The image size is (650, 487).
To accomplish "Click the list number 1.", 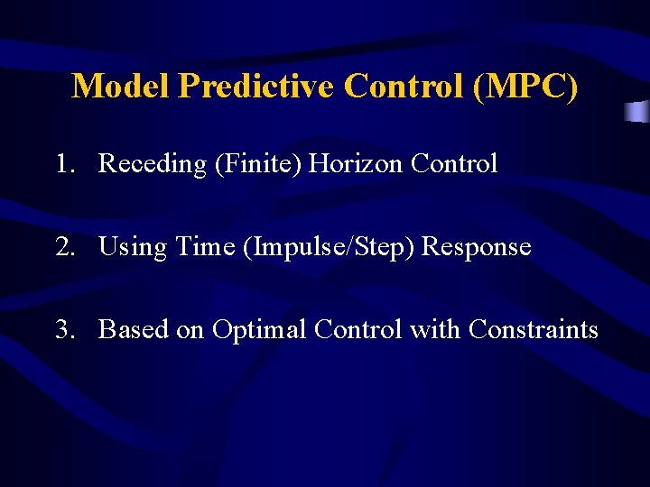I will [x=62, y=164].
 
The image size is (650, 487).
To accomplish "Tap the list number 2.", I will [x=63, y=246].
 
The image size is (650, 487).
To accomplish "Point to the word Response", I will [x=477, y=246].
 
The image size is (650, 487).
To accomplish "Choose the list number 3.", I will [x=63, y=329].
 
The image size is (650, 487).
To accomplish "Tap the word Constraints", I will [x=533, y=329].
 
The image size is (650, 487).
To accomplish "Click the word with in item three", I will [x=435, y=329].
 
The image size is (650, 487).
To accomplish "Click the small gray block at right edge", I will [x=638, y=112].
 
